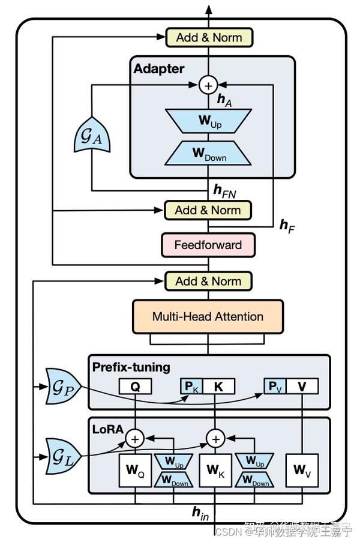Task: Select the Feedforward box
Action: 208,245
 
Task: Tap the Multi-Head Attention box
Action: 208,316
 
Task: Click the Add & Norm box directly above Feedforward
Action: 208,210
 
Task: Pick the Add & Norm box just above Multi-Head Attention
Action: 208,281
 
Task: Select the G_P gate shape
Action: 61,388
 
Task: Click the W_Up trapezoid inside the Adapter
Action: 208,122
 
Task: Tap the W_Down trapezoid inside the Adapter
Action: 208,152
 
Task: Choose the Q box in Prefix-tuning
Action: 135,387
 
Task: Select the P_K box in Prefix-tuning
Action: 191,387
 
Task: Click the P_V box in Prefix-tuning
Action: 275,387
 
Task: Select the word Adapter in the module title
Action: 159,68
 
